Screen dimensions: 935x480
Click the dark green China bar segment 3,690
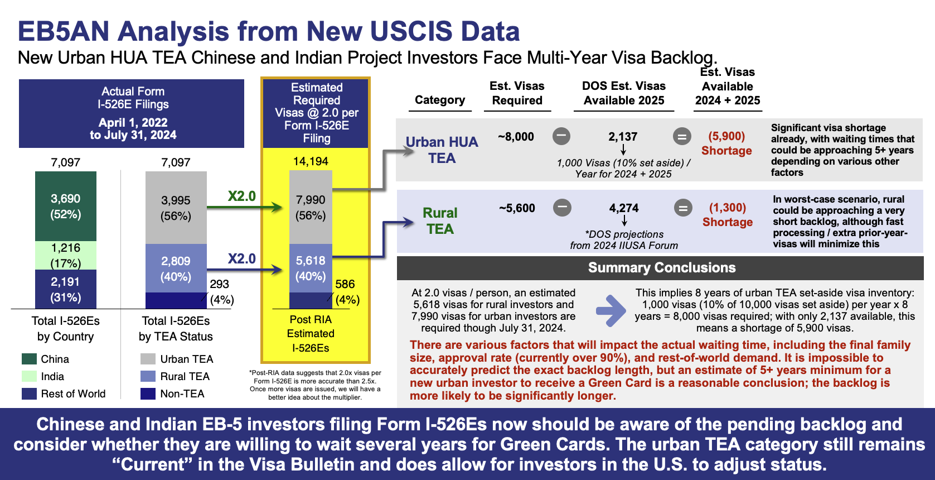click(x=66, y=206)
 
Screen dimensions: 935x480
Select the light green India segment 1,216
click(x=66, y=255)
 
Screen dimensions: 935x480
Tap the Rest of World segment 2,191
click(x=66, y=289)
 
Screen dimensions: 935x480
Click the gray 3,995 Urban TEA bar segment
click(x=176, y=208)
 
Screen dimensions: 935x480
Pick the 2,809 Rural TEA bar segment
click(x=176, y=268)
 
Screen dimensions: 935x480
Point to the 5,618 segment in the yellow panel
click(x=311, y=268)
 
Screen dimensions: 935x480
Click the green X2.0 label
click(x=241, y=196)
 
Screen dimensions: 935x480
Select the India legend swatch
click(x=29, y=376)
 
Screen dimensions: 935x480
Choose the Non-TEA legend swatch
click(x=148, y=393)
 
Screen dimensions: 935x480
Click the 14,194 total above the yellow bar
click(x=311, y=161)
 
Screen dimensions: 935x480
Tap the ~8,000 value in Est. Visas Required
click(x=516, y=137)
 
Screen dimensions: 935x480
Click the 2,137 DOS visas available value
click(x=623, y=137)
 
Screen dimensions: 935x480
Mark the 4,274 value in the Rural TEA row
click(x=624, y=208)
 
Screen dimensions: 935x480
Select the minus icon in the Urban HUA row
click(x=561, y=136)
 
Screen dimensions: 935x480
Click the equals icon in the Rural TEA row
click(x=684, y=208)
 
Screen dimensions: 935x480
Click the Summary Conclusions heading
click(x=662, y=267)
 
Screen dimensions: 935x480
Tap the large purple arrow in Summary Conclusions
click(x=611, y=310)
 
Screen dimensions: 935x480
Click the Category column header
click(x=440, y=100)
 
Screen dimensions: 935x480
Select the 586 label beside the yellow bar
click(x=345, y=284)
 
